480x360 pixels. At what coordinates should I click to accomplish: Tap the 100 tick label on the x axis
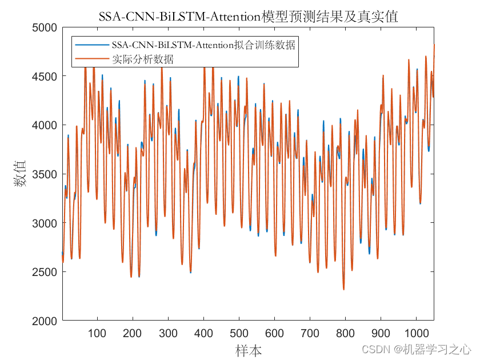click(x=97, y=334)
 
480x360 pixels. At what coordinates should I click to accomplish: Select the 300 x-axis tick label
click(x=168, y=334)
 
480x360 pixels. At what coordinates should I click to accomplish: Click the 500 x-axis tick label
click(x=239, y=334)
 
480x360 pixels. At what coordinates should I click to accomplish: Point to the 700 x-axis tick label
click(x=310, y=334)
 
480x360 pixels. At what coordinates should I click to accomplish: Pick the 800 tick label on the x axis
click(x=345, y=334)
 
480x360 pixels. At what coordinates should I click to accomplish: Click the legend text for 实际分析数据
click(x=143, y=59)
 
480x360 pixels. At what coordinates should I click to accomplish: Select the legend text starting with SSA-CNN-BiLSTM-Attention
click(x=203, y=45)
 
